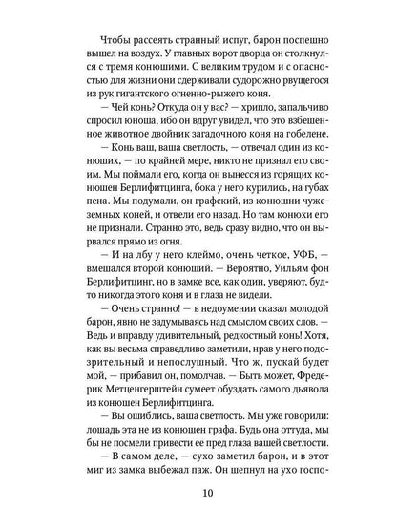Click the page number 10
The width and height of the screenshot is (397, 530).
198,505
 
